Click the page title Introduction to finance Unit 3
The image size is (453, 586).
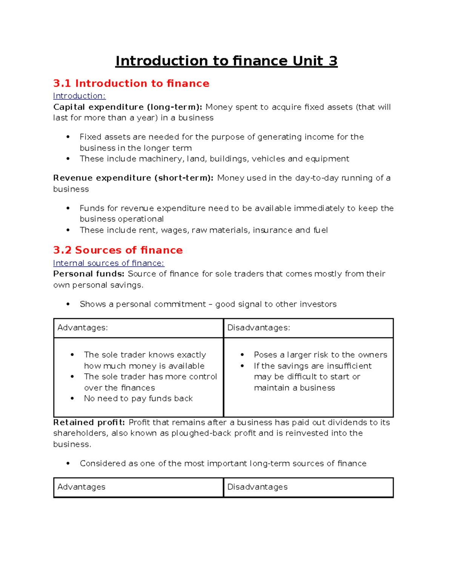226,61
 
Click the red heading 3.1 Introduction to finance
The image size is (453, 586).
131,83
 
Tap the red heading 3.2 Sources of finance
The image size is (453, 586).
118,250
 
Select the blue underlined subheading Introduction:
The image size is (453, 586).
79,96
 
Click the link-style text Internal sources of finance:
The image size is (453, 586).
109,263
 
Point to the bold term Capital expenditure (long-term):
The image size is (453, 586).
128,107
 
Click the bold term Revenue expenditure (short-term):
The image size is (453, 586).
133,178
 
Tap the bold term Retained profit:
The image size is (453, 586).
89,422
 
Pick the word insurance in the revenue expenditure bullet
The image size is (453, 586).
273,230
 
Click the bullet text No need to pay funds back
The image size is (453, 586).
138,398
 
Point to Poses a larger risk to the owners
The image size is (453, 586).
320,355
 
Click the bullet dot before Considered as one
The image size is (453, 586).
68,463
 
